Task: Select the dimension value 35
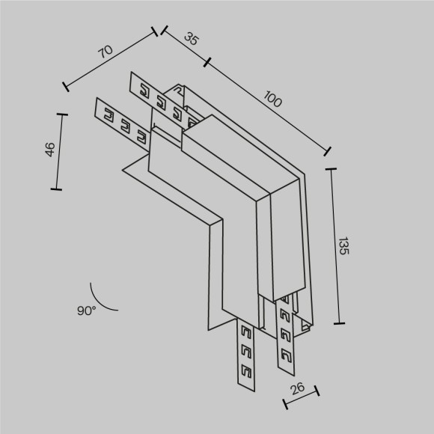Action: point(191,40)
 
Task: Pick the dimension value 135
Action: point(343,247)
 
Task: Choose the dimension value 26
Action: point(297,388)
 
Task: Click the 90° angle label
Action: point(85,310)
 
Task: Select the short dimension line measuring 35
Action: point(184,46)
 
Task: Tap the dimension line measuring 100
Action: point(267,105)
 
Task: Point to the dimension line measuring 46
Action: point(58,151)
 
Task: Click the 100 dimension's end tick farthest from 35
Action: point(328,150)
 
